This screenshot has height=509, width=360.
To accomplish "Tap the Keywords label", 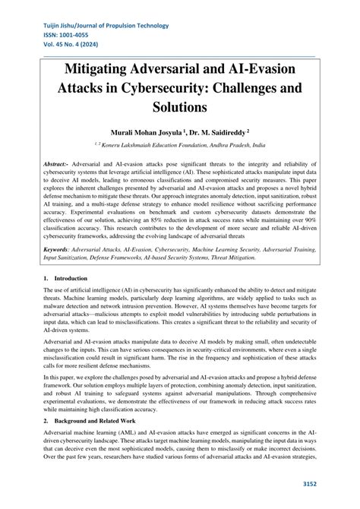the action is tap(59, 248).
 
